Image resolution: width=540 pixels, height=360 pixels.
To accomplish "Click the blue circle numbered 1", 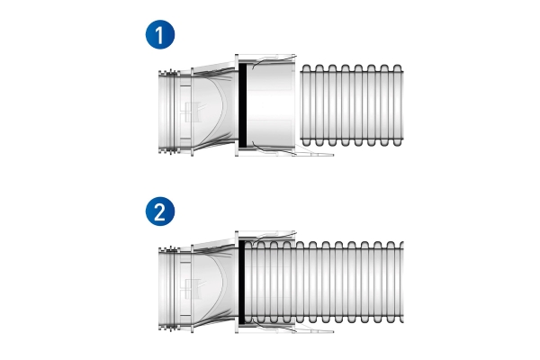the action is coord(160,34).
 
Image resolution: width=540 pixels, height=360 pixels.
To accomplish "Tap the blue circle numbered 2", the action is coord(160,211).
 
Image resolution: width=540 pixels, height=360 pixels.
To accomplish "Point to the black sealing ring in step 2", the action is coord(242,282).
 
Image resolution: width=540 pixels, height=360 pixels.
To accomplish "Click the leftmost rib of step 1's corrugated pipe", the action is coord(305,105).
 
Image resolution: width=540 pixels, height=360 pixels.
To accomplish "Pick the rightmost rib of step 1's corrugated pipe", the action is coord(398,105).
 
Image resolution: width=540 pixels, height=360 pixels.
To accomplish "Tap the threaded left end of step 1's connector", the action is coord(168,112).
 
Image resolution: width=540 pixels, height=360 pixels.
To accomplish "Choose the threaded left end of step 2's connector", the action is coord(168,289).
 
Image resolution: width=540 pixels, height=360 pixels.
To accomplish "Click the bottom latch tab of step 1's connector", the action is coord(314,152).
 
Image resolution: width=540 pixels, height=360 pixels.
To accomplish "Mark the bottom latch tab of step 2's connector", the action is coord(314,329).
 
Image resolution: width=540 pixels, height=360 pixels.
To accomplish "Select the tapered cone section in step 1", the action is coord(214,109).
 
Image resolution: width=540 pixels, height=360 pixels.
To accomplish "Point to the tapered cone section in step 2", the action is coord(214,286).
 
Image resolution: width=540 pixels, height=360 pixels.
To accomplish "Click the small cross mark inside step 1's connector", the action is coord(193,112).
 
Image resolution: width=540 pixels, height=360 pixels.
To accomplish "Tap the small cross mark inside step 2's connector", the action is coord(193,289).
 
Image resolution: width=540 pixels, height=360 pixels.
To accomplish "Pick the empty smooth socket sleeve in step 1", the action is coord(271,105).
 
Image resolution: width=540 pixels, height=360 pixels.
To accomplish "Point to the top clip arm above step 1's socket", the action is coord(274,58).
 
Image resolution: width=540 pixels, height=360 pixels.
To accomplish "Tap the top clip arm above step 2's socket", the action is coord(274,236).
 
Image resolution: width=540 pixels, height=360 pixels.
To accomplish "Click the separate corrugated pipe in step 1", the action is coord(352,105).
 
